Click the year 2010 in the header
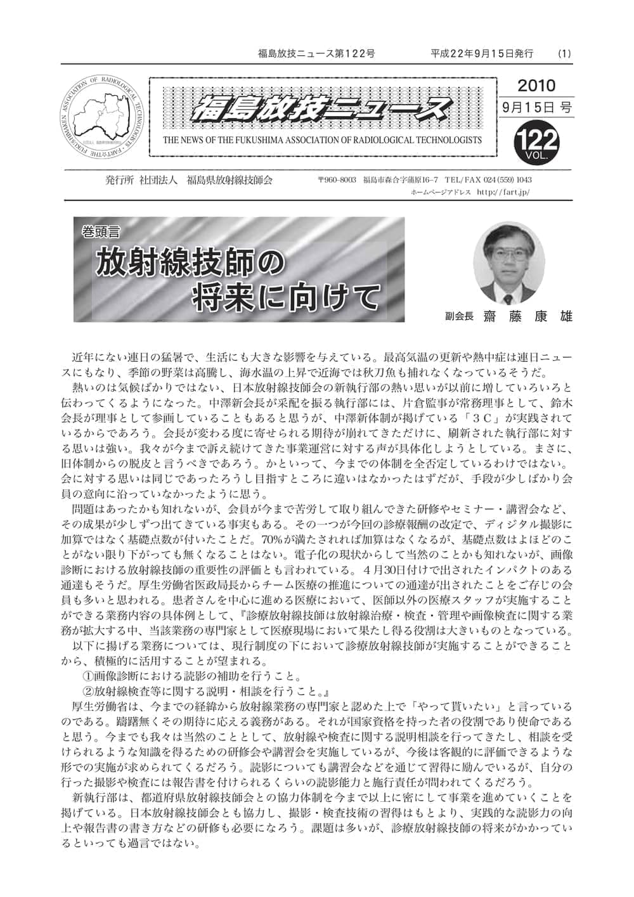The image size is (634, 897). (536, 86)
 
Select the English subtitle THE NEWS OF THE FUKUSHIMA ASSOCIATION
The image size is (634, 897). (322, 140)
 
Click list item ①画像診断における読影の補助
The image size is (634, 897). (192, 676)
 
